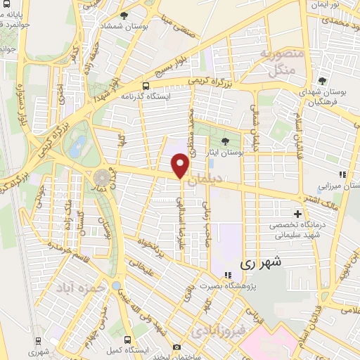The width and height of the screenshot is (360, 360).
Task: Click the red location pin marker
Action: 181,165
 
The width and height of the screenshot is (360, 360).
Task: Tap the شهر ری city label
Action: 261,264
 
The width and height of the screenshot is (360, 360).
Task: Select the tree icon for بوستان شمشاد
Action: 124,15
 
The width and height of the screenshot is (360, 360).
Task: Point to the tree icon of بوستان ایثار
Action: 224,141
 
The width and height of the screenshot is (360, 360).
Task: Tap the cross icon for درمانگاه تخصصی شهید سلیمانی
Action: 297,213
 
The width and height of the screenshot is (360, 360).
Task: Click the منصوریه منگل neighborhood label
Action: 285,60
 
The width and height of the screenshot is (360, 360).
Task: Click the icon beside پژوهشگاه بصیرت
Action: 227,275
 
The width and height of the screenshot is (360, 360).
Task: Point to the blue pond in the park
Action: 79,146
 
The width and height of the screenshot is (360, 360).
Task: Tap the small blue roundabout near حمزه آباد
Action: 115,285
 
